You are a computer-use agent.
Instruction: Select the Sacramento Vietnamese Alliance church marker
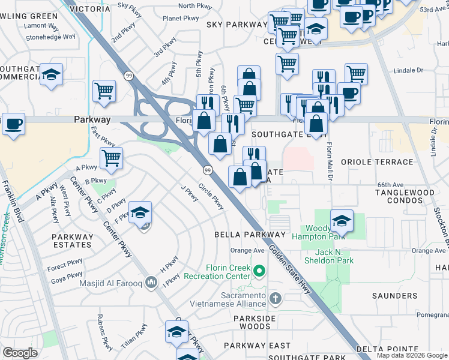pos(275,298)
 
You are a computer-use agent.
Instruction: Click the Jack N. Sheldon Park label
pos(334,256)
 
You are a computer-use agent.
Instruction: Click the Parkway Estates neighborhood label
pos(72,241)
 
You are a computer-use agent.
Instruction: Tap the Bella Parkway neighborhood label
pos(250,234)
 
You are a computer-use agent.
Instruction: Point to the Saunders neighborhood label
pos(394,296)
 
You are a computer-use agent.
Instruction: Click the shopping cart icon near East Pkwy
pos(111,158)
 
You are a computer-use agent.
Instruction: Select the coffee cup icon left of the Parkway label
pos(13,124)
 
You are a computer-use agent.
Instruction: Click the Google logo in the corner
pos(20,353)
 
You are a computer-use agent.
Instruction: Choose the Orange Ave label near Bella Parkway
pos(247,251)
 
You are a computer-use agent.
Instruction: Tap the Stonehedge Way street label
pos(50,37)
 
